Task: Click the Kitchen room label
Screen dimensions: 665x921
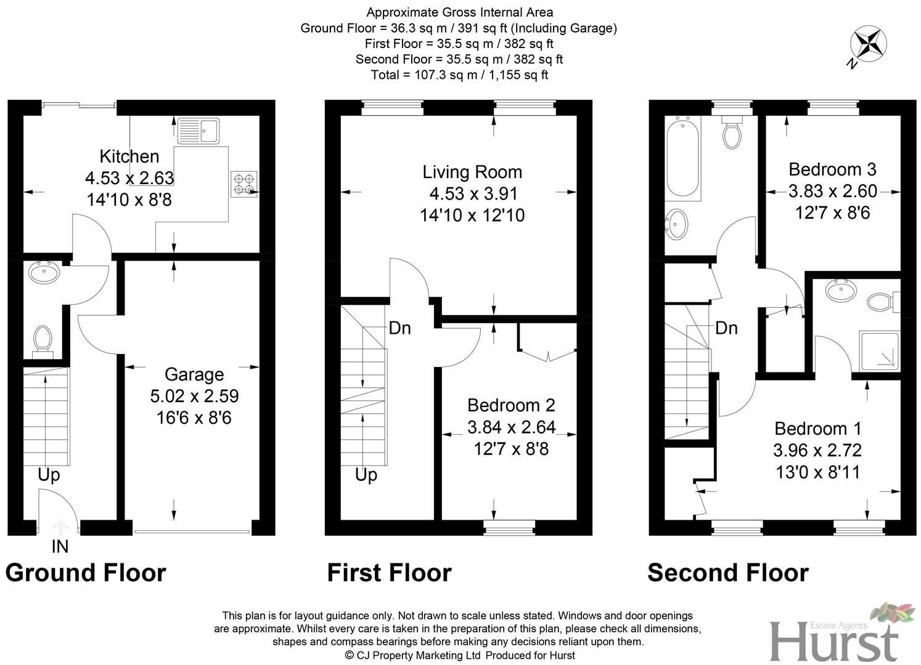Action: (x=129, y=156)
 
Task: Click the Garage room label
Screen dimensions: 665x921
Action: (x=194, y=374)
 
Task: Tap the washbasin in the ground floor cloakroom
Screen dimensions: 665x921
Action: (x=44, y=272)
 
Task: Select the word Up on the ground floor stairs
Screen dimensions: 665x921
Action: (x=49, y=475)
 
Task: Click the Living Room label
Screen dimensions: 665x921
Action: (x=472, y=172)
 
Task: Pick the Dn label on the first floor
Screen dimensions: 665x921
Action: (x=399, y=328)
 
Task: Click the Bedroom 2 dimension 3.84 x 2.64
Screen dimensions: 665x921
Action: (x=511, y=427)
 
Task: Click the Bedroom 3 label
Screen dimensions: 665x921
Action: (x=832, y=169)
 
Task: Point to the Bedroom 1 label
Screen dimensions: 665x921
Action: (x=818, y=429)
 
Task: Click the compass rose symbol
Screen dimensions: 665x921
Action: (x=868, y=45)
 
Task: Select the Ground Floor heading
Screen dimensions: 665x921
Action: (x=86, y=573)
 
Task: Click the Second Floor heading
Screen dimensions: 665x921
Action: (x=727, y=573)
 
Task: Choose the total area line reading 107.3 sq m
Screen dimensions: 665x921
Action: (x=459, y=75)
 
